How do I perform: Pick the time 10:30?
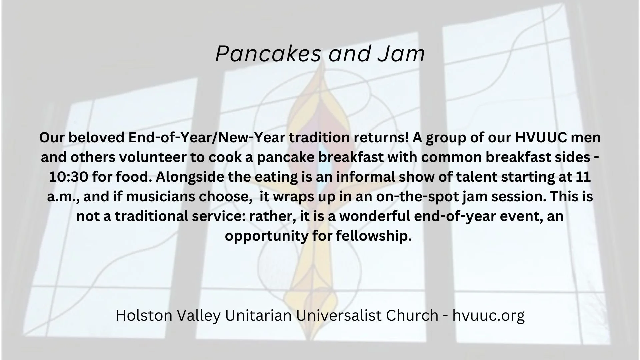(x=68, y=177)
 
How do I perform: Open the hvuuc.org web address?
(x=488, y=315)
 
